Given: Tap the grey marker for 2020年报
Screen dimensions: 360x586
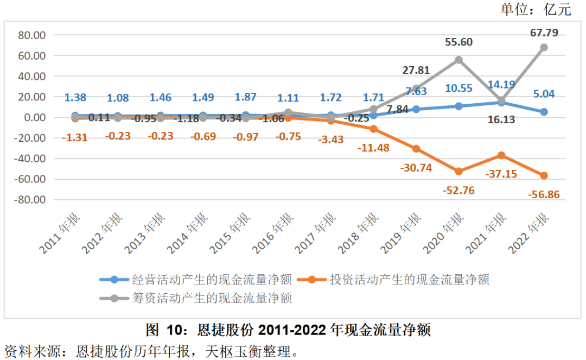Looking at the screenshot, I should [459, 60].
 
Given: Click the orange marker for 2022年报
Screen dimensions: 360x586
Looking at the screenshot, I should [544, 175].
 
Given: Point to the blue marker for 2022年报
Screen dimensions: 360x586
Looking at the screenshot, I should [544, 112].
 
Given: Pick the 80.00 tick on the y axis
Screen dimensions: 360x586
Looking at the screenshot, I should [32, 35].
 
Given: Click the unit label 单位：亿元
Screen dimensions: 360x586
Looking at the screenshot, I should [536, 9].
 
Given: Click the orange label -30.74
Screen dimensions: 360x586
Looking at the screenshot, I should [416, 168].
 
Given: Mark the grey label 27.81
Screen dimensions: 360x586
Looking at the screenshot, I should [417, 70].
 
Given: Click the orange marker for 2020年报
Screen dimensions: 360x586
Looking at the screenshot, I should [459, 172].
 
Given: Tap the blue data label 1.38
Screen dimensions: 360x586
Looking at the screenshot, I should [75, 98].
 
